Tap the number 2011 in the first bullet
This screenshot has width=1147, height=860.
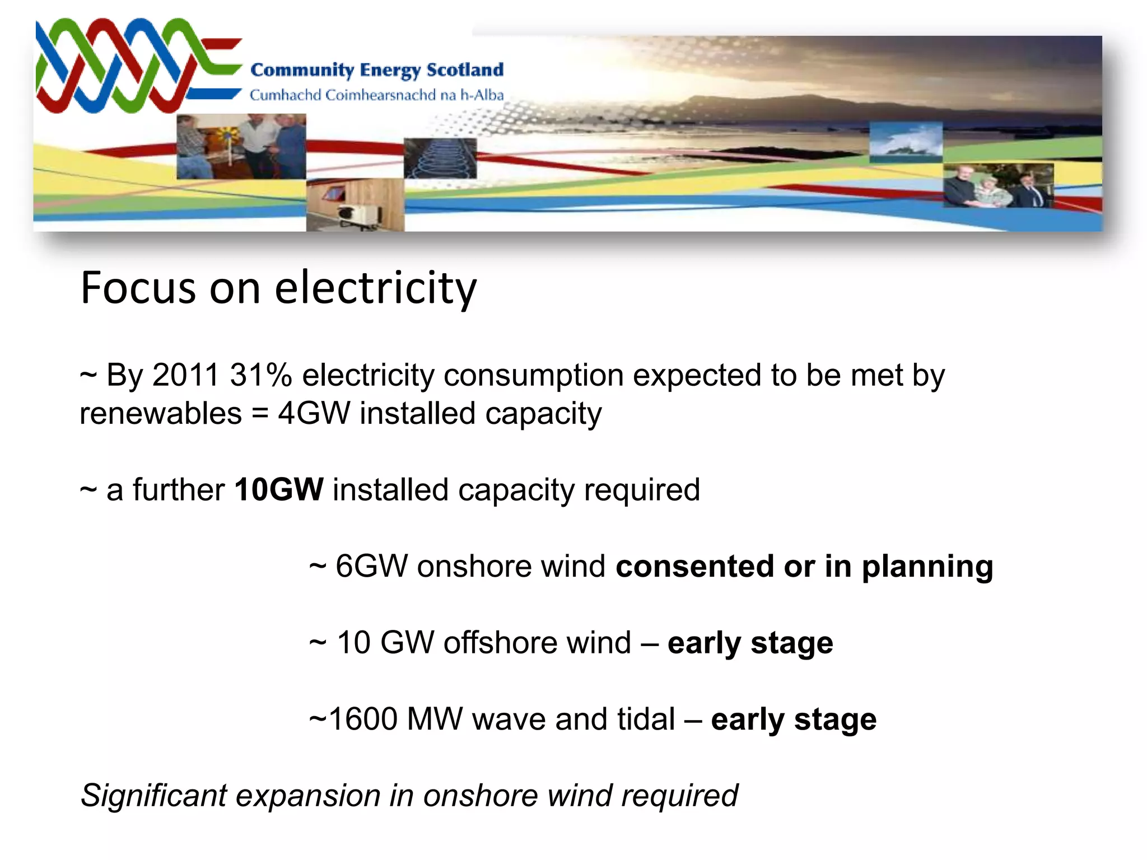185,375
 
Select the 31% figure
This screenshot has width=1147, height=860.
260,375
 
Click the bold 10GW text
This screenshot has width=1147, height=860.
278,489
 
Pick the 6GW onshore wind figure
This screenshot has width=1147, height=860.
371,566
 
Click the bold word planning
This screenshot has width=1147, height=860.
927,567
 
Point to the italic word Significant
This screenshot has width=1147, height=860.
153,796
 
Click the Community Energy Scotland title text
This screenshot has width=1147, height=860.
376,71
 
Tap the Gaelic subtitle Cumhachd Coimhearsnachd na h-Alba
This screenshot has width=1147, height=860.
376,95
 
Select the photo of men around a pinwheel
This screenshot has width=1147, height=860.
241,147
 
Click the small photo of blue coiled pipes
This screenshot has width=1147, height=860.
440,158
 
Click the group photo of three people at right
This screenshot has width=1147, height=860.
997,185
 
